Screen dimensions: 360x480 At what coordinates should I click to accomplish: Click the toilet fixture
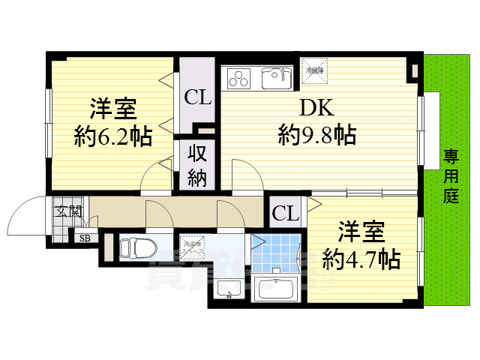[139, 247]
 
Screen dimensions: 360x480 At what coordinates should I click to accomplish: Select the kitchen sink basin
[277, 76]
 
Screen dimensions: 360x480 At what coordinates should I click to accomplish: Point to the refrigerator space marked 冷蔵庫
[315, 70]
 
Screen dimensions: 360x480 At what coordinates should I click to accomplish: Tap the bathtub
[277, 287]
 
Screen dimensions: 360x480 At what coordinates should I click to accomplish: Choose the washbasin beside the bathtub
[229, 289]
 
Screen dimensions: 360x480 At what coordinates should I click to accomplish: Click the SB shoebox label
[83, 239]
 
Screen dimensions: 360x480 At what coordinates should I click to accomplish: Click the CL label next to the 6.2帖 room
[198, 97]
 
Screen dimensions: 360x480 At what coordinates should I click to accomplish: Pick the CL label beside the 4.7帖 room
[286, 214]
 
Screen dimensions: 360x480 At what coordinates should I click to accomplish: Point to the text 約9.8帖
[316, 135]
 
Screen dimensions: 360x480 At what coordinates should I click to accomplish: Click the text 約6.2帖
[113, 136]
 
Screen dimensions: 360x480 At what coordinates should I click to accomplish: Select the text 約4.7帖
[361, 259]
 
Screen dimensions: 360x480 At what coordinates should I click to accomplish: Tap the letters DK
[317, 109]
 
